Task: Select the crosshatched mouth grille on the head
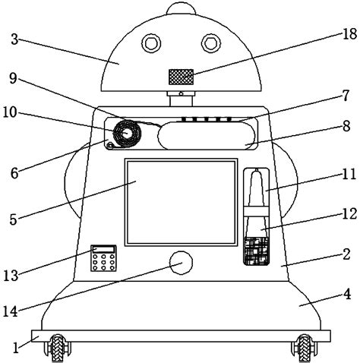click(181, 76)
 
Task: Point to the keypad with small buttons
click(104, 258)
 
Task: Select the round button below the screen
click(181, 264)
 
